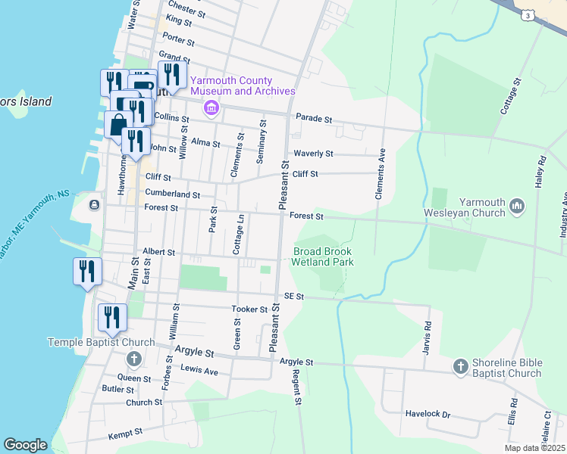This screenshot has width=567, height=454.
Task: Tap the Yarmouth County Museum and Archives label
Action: [242, 86]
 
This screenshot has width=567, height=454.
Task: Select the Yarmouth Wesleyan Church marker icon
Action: [517, 206]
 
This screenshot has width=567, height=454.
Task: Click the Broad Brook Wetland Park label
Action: [324, 257]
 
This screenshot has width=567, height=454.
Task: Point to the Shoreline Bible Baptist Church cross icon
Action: [459, 367]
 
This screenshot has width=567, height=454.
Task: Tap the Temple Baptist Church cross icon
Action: [133, 359]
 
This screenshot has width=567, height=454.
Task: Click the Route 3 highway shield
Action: [526, 14]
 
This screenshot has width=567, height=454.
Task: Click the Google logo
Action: [25, 445]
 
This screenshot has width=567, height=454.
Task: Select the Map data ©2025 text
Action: [534, 448]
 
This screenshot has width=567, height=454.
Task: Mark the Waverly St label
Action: [313, 154]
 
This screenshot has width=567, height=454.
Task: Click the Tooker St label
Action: [249, 309]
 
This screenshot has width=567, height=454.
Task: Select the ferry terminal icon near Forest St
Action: [93, 205]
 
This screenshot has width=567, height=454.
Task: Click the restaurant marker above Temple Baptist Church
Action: [112, 317]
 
